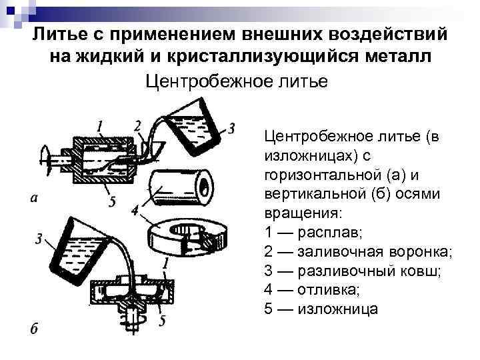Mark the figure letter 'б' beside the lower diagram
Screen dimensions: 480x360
(37, 328)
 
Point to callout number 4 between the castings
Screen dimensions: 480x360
(136, 211)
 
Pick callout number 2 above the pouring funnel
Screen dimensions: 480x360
(137, 126)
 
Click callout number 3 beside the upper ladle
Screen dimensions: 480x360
(231, 127)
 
